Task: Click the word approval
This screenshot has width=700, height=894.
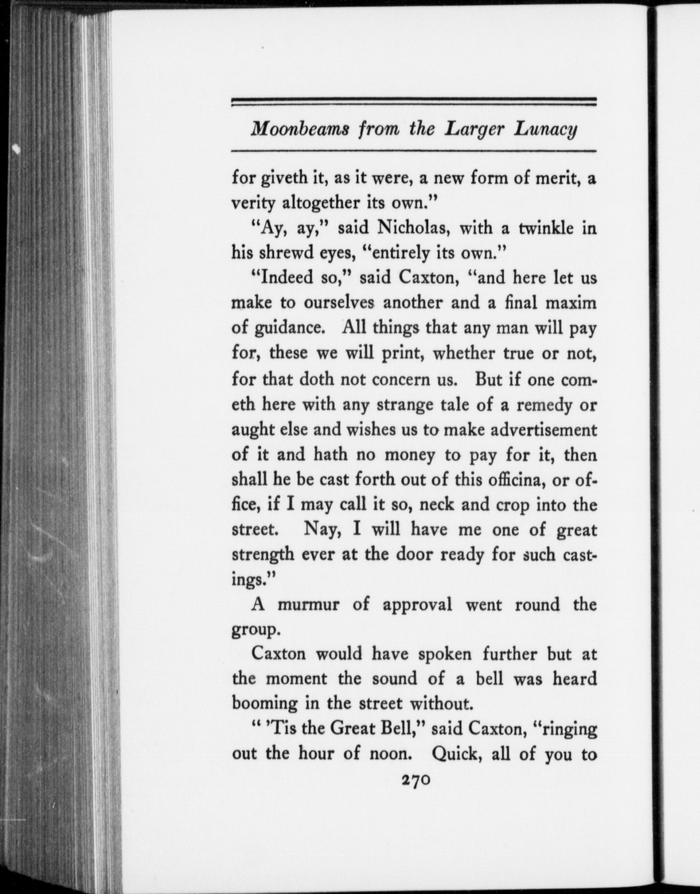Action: click(x=417, y=605)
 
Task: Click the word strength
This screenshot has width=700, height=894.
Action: click(x=262, y=555)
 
